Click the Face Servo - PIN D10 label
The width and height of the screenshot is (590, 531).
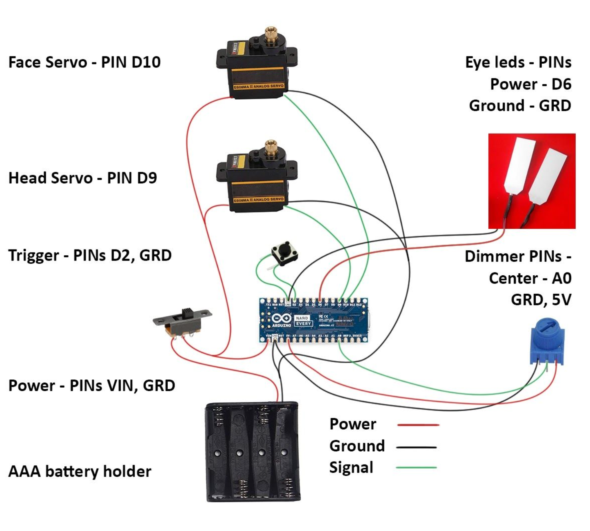[84, 62]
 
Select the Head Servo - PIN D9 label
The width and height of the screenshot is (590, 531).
[82, 178]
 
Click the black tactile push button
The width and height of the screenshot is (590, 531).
[284, 253]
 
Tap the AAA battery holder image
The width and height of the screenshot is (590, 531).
[253, 451]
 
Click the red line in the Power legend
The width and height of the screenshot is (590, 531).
[418, 425]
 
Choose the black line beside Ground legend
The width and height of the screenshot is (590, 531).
[416, 447]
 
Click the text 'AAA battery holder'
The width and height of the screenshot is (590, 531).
[80, 472]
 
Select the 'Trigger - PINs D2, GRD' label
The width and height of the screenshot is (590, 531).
[90, 256]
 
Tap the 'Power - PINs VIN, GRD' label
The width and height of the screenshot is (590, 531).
[92, 386]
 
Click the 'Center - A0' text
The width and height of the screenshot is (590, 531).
[530, 278]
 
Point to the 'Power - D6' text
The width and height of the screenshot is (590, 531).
[530, 84]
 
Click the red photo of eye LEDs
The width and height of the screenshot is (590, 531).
[532, 181]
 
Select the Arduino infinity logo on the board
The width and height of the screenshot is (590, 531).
[282, 319]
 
